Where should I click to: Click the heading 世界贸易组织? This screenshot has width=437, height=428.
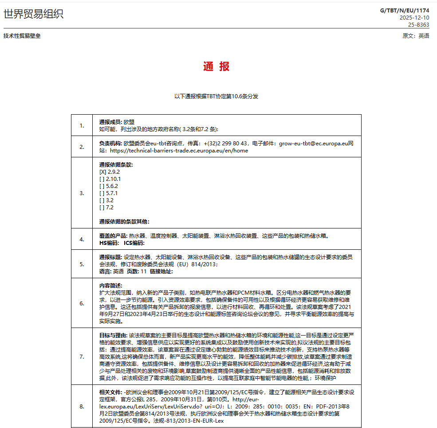point(33,14)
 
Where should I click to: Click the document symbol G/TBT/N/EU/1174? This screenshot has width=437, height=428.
point(405,11)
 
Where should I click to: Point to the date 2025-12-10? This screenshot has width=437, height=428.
point(414,18)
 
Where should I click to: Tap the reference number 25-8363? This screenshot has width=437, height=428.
point(418,25)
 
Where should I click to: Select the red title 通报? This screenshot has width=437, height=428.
point(217,67)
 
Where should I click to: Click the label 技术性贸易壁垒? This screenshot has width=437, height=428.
point(22,36)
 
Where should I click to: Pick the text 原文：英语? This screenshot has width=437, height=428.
point(416,36)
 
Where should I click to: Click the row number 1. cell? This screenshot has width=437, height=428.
point(82,125)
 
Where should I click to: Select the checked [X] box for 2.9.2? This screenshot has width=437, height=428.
point(102,172)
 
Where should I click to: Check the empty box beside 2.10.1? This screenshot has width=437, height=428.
point(102,179)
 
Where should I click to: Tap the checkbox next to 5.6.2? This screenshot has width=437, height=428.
point(102,186)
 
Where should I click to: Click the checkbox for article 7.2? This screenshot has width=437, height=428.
point(102,207)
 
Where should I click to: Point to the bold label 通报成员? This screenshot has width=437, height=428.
point(111,122)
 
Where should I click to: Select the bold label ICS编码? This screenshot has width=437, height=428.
point(134,243)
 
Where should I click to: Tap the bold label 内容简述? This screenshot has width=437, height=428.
point(110,285)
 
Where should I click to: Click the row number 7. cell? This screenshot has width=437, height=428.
point(82,356)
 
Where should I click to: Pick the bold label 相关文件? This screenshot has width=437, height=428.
point(111,392)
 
